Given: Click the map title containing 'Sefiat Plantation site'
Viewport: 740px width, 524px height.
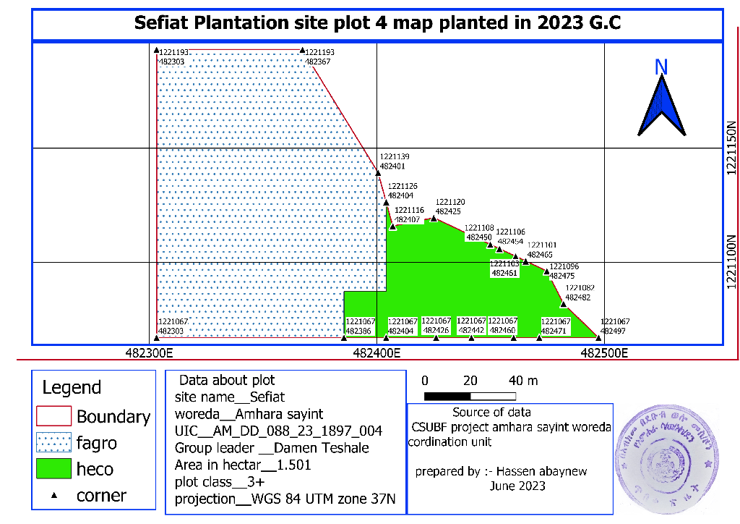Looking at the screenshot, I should click(378, 22).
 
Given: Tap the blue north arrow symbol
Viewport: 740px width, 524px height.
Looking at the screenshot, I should click(661, 106).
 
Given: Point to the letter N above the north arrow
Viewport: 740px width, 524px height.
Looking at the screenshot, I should click(661, 67).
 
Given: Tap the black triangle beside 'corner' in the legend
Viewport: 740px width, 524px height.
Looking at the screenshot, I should click(54, 495).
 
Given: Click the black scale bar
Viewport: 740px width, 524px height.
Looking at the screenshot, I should click(470, 396).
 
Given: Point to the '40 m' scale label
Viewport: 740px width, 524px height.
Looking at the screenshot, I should click(523, 381).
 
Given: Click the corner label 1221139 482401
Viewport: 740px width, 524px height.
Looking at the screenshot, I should click(395, 161).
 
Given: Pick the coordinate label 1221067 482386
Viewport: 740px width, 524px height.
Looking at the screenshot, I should click(358, 326).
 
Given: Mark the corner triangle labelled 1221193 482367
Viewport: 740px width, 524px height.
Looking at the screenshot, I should click(301, 51).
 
